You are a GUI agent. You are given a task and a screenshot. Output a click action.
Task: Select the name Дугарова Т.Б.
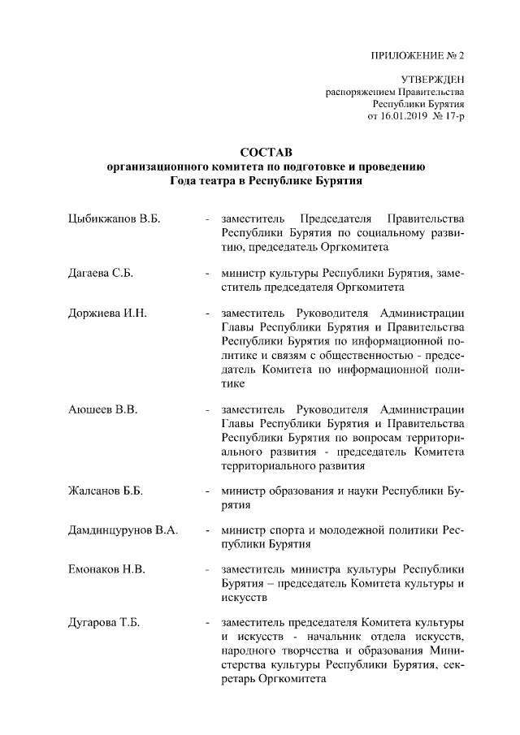pyautogui.click(x=104, y=623)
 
